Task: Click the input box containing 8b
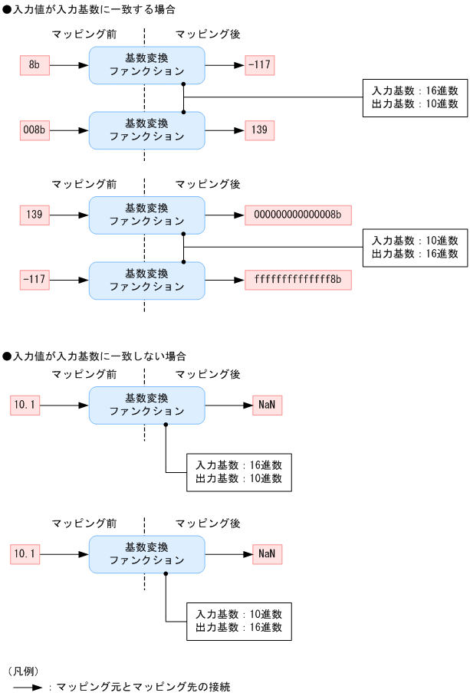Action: pyautogui.click(x=35, y=65)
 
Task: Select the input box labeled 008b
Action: pyautogui.click(x=35, y=130)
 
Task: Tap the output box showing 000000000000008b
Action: pyautogui.click(x=297, y=215)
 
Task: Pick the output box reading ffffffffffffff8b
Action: pyautogui.click(x=297, y=280)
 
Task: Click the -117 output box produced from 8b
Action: pyautogui.click(x=260, y=65)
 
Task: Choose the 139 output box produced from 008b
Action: pyautogui.click(x=260, y=130)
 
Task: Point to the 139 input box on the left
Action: pyautogui.click(x=35, y=215)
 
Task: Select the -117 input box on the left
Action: pyautogui.click(x=35, y=280)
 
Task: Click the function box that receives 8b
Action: pyautogui.click(x=146, y=65)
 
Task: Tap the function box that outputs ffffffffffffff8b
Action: pyautogui.click(x=146, y=280)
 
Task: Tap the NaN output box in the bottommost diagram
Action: pyautogui.click(x=267, y=553)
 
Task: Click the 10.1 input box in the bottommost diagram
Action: pyautogui.click(x=25, y=553)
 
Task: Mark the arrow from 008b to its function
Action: pyautogui.click(x=69, y=130)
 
